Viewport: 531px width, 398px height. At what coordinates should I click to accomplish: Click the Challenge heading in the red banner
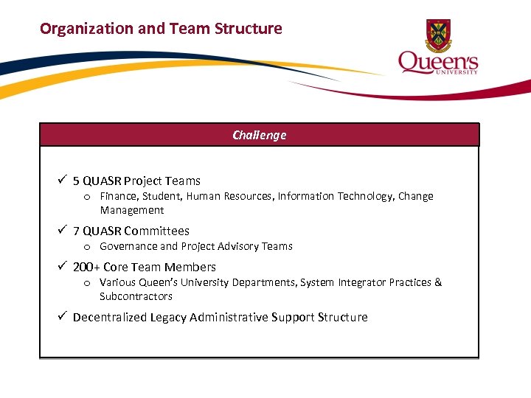[259, 135]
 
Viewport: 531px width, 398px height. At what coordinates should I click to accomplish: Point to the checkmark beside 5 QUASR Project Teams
[63, 180]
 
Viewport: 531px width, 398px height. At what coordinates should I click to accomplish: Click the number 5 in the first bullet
[76, 181]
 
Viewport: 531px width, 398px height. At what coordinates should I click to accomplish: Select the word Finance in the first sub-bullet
[119, 196]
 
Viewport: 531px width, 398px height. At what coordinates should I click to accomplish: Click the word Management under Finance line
[131, 210]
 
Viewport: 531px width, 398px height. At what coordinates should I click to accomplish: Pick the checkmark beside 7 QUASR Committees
[63, 230]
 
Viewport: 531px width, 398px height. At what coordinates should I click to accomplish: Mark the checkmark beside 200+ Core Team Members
[63, 266]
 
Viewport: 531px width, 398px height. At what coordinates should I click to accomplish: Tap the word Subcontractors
[136, 296]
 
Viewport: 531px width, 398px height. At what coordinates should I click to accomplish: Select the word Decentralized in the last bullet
[110, 317]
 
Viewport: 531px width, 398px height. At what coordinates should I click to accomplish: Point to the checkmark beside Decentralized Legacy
[63, 316]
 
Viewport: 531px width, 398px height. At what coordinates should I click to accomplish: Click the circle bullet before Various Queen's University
[87, 283]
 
